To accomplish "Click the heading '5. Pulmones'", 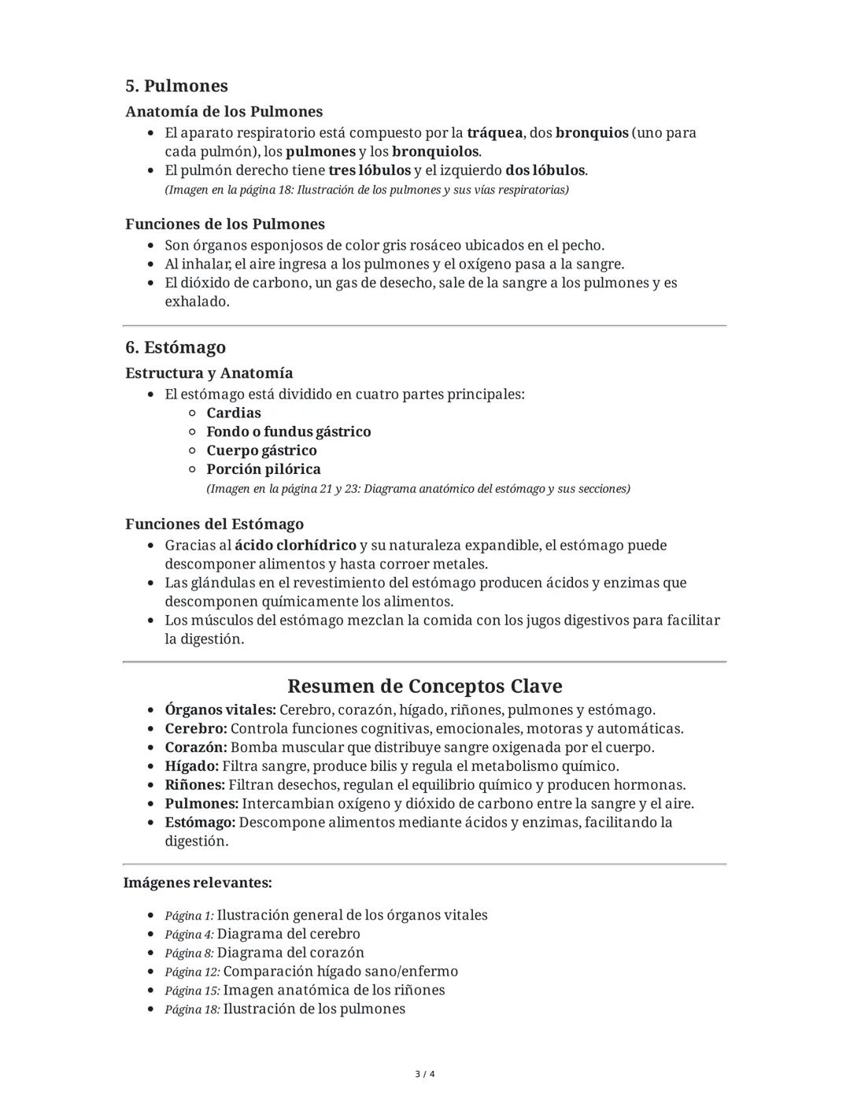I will click(176, 86).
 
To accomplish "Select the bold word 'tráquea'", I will click(494, 132).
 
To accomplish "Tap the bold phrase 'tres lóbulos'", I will click(369, 170).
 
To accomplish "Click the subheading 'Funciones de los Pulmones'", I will click(224, 224).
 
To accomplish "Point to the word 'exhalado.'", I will click(197, 302).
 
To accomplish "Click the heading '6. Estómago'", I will click(176, 347).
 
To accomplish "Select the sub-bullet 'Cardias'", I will click(234, 413).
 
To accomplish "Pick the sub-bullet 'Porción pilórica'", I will click(263, 469).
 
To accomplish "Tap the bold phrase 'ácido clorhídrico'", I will click(295, 545).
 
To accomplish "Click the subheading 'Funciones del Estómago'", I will click(214, 524).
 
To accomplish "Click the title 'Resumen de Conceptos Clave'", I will click(424, 686).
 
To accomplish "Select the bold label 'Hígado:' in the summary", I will click(191, 766).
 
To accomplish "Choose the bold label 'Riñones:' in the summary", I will click(194, 785).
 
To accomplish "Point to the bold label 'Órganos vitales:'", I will click(220, 709).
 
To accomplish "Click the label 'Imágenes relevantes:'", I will click(198, 883).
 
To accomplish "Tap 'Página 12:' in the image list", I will click(192, 972).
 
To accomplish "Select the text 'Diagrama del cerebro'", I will click(288, 934).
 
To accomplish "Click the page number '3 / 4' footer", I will click(424, 1074).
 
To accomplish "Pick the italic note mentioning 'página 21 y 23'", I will click(418, 489).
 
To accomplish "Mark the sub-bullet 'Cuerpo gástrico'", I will click(261, 450).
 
